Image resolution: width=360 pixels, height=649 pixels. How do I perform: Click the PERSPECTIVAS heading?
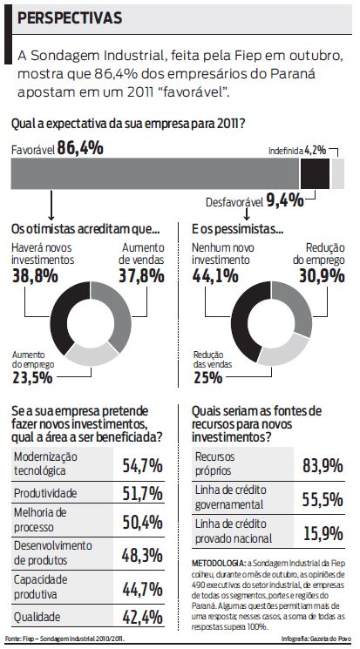(70, 17)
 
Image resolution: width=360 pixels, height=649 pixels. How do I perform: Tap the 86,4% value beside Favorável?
(80, 149)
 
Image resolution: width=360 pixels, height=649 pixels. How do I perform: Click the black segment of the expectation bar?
(315, 174)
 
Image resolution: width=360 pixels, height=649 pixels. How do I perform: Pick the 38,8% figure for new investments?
(36, 276)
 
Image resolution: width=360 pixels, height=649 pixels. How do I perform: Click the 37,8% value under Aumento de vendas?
(141, 276)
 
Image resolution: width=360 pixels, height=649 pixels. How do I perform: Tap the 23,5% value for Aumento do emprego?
(31, 377)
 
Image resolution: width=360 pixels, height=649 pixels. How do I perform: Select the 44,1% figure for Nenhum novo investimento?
(214, 276)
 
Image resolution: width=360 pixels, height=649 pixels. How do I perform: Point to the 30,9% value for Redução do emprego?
(319, 276)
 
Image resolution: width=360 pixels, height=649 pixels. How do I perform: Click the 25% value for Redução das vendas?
(207, 377)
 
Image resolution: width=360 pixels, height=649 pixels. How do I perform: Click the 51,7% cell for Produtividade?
(142, 494)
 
